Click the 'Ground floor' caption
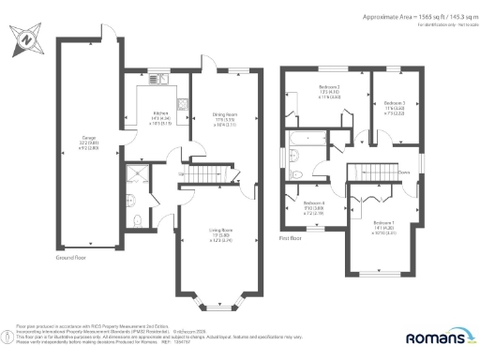(x=71, y=256)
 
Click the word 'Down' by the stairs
(x=405, y=172)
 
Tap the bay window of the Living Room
(x=217, y=302)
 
